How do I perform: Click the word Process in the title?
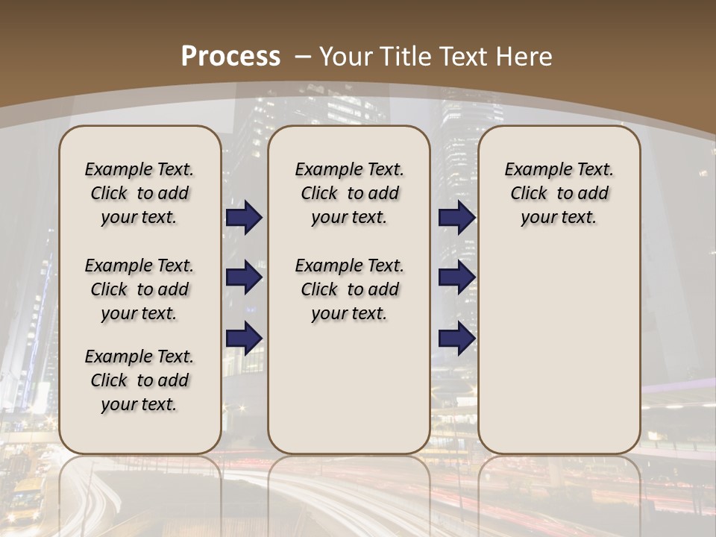click(x=230, y=56)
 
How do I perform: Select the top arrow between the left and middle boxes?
click(x=244, y=217)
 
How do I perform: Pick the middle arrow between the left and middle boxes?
click(x=244, y=277)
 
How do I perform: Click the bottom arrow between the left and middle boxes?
click(x=244, y=338)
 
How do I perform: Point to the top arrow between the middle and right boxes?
click(x=456, y=217)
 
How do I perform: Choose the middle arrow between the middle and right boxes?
click(x=456, y=277)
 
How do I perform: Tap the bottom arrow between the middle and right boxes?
click(x=456, y=338)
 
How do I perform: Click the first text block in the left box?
click(x=139, y=193)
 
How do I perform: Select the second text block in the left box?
click(x=139, y=289)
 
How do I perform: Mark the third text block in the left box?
click(x=139, y=380)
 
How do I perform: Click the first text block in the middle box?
click(x=350, y=193)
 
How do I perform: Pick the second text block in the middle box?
click(x=350, y=289)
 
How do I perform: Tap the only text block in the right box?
click(x=559, y=193)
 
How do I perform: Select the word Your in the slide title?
click(x=345, y=56)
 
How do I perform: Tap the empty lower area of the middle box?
click(x=350, y=388)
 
